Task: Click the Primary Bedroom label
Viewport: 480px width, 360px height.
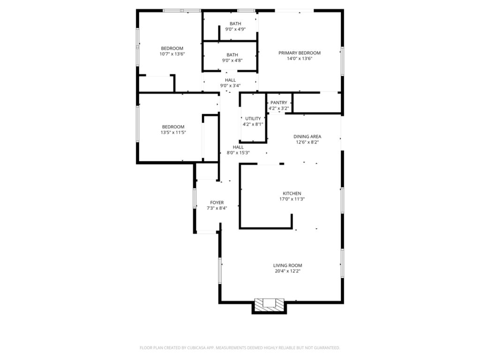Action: tap(299, 53)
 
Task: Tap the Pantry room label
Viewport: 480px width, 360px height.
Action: tap(278, 103)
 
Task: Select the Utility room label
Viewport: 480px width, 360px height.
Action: tap(253, 119)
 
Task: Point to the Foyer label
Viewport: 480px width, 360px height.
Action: tap(217, 202)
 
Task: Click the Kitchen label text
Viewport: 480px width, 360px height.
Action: tap(292, 194)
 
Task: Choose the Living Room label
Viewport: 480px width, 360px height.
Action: tap(287, 265)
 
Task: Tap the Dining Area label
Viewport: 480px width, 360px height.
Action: tap(307, 137)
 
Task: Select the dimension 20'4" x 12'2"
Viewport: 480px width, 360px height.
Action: tap(287, 271)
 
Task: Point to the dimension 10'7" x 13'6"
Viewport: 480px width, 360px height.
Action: tap(172, 54)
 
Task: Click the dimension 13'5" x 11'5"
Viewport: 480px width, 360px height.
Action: tap(173, 132)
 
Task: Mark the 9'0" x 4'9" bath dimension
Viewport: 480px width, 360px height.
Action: tap(235, 29)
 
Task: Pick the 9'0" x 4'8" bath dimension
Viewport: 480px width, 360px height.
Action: tap(232, 60)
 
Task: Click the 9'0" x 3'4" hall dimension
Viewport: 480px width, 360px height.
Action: tap(230, 85)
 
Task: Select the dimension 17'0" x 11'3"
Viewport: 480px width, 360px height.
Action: tap(292, 199)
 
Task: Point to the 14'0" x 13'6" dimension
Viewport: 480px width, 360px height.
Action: tap(299, 59)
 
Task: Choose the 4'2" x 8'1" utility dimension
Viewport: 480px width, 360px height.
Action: tap(253, 124)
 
